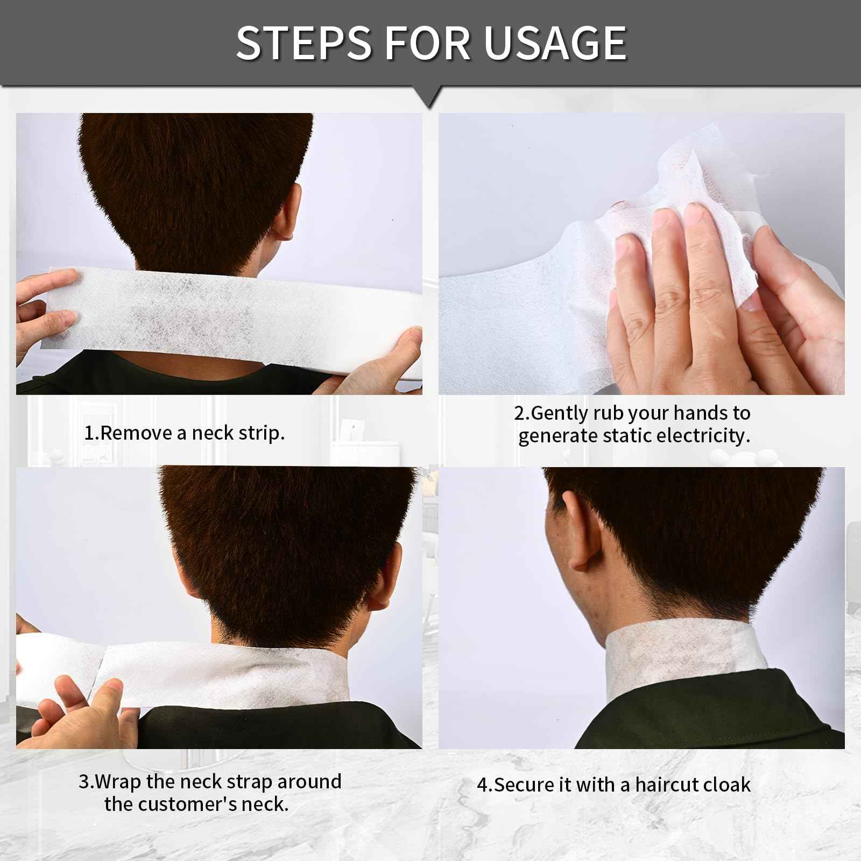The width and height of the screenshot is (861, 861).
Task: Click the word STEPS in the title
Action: click(x=305, y=43)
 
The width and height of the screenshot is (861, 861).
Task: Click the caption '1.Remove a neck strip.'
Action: click(x=185, y=433)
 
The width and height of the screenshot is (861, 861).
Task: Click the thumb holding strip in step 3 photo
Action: click(x=108, y=700)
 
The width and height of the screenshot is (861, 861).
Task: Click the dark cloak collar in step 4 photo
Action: click(x=700, y=710)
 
